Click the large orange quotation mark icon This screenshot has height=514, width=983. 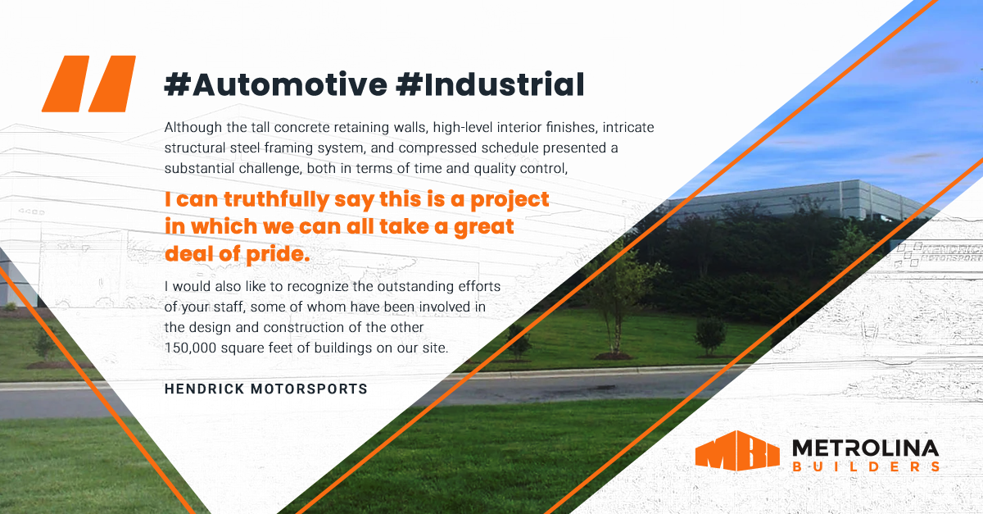tap(88, 84)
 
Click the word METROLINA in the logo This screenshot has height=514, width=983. tap(865, 448)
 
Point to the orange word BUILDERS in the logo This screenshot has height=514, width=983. tap(865, 467)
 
